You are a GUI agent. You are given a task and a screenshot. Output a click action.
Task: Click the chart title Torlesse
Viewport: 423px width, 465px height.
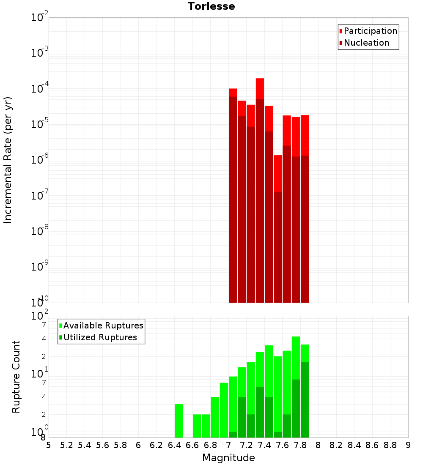tap(211, 6)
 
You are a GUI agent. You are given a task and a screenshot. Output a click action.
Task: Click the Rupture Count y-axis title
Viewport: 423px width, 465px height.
tap(16, 376)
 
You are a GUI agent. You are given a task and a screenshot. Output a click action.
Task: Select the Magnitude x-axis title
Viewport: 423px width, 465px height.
tap(228, 458)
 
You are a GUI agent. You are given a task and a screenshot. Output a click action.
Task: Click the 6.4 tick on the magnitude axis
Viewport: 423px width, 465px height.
tap(174, 445)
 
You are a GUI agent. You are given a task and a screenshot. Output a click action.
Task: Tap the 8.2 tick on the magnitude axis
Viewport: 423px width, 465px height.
tap(336, 445)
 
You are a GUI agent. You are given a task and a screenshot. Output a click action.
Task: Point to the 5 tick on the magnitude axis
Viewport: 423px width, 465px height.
tap(49, 445)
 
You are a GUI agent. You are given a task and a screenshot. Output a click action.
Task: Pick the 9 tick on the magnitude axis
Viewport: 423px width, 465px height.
tap(408, 445)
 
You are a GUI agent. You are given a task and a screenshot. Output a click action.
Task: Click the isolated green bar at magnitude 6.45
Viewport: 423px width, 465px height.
tap(179, 421)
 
